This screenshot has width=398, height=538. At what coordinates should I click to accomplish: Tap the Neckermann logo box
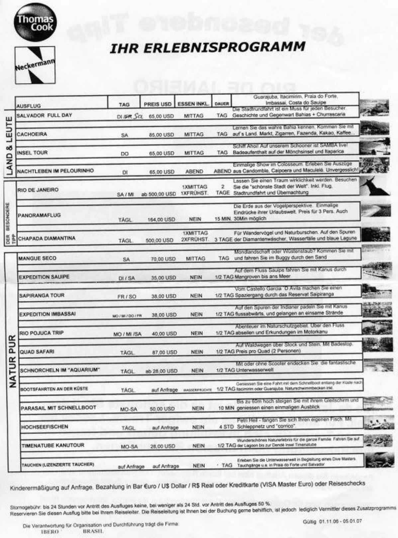pos(35,65)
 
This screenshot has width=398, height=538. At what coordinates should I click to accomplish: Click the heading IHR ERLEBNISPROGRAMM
pos(207,47)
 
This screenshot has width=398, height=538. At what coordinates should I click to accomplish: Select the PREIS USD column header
pos(157,104)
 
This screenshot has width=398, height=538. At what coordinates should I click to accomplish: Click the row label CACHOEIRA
pos(32,134)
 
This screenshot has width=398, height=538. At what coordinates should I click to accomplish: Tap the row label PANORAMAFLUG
pos(39,215)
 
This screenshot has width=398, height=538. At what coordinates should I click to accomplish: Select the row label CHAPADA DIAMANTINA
pos(47,238)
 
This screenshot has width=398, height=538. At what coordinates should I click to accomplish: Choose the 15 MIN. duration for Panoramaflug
pos(223,219)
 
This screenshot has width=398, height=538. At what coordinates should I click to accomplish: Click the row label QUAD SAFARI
pos(37,352)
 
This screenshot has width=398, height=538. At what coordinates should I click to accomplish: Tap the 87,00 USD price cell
pos(164,352)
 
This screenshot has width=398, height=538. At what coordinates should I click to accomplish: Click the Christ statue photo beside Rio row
pos(375,186)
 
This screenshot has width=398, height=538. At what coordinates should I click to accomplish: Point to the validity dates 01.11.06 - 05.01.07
pos(332,521)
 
